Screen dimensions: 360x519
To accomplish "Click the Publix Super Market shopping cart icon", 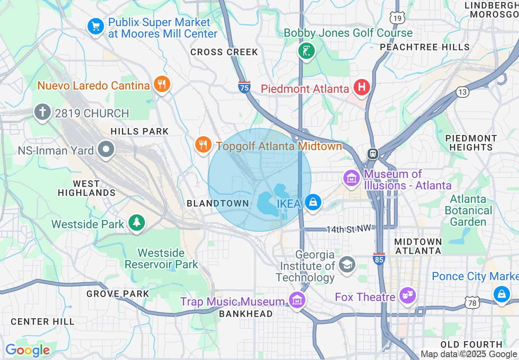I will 96,27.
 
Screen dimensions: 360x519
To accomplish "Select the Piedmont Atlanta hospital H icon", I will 361,87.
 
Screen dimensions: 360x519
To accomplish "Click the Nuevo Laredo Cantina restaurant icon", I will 162,84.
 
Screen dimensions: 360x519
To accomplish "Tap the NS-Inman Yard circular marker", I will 106,150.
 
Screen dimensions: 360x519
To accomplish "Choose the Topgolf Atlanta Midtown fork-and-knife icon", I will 203,144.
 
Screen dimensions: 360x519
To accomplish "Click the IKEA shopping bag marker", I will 313,202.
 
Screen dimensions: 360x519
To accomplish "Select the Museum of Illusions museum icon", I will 352,178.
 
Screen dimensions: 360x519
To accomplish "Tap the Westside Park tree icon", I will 137,223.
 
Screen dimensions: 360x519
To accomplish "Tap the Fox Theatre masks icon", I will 408,296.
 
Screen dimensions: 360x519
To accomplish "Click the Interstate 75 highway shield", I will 244,87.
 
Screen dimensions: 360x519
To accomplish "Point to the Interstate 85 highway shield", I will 379,259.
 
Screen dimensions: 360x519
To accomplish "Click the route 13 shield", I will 463,92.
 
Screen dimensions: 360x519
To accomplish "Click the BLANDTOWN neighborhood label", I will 218,203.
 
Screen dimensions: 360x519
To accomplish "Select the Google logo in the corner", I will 27,350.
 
